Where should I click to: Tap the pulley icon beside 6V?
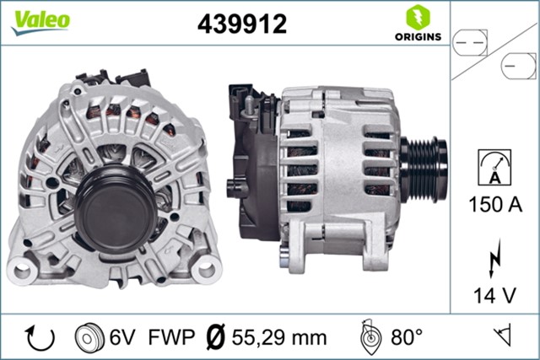(88, 338)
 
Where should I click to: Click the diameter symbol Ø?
(215, 338)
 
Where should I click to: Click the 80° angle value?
(406, 338)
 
